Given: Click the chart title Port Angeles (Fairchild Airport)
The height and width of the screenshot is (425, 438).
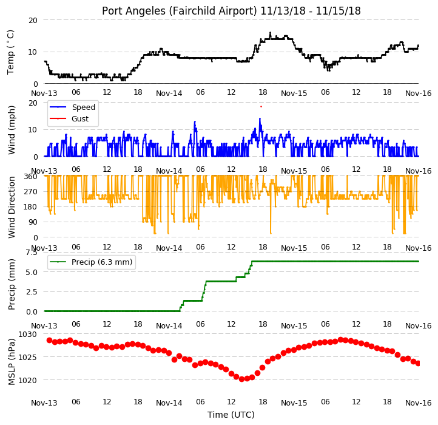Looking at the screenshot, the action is [x=179, y=11].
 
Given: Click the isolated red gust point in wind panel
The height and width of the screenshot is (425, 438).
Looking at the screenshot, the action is [x=261, y=106].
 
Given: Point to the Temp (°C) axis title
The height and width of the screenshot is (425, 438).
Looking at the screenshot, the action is [x=10, y=52].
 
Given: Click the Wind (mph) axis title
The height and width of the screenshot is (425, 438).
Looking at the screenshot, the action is [x=11, y=130].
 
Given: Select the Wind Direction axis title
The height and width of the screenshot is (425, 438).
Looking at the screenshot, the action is [x=11, y=207].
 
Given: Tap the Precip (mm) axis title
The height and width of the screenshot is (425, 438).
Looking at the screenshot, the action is [x=11, y=284].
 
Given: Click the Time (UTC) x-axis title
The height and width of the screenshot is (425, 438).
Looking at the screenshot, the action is [x=231, y=415].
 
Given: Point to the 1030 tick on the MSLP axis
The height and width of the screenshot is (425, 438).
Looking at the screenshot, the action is [x=27, y=334].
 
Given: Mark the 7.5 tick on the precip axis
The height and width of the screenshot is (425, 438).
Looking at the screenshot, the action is [x=32, y=253].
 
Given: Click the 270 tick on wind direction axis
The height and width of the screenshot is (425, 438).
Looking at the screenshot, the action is [x=31, y=192].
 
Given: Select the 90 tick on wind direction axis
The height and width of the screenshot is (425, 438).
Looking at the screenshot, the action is [x=33, y=222].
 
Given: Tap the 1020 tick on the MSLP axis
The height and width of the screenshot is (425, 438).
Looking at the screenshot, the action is [x=27, y=380].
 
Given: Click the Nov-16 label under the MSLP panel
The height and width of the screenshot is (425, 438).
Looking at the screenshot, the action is [x=419, y=403].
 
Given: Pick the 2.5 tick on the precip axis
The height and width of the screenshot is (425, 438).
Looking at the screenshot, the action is [x=32, y=292].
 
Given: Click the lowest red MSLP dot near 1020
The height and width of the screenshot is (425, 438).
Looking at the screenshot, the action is [x=242, y=379].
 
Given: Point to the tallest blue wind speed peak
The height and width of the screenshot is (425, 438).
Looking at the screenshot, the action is [x=260, y=119].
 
